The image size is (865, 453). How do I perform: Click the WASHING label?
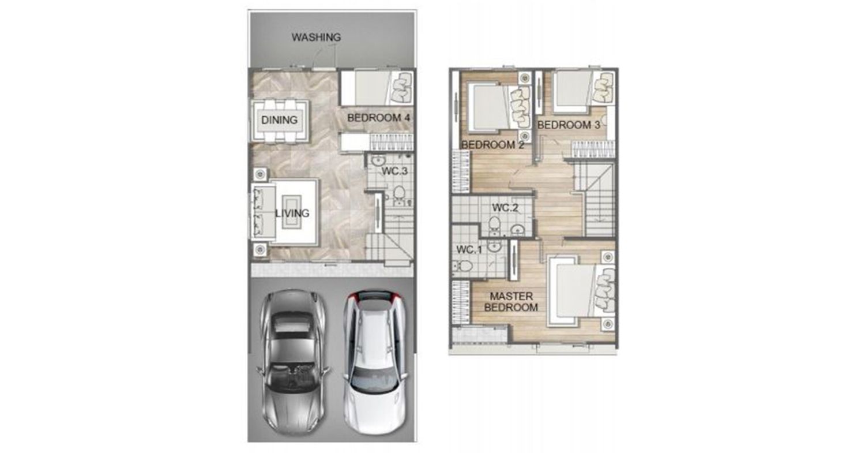[x=316, y=38]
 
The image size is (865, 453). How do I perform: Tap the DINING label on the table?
[x=279, y=120]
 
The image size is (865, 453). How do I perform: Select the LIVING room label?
[x=292, y=213]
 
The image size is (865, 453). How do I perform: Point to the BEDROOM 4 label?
[x=378, y=118]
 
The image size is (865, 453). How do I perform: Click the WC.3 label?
[x=394, y=171]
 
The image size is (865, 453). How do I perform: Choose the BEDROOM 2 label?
[x=492, y=145]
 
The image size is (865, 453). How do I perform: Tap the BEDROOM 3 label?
[x=569, y=125]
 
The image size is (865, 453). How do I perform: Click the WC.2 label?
[x=505, y=208]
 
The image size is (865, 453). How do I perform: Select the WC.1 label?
[x=469, y=250]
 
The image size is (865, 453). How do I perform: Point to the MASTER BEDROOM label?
[x=511, y=302]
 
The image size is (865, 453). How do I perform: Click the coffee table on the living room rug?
[x=292, y=212]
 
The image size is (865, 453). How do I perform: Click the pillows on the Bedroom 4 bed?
[x=401, y=88]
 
